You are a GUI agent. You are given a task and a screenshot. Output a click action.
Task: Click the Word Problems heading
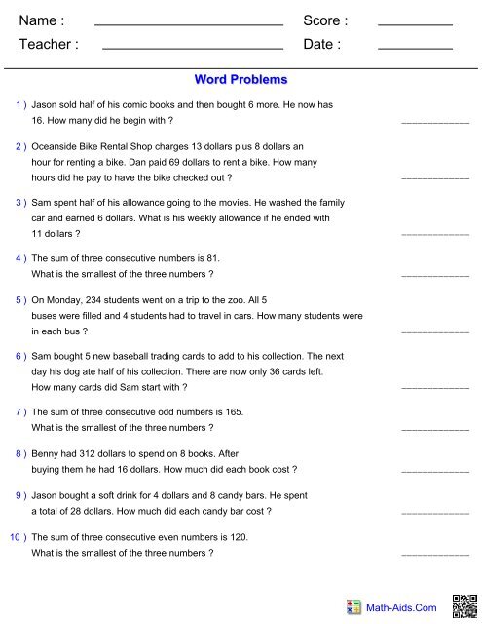point(241,77)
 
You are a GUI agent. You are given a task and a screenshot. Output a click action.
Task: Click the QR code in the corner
point(465,604)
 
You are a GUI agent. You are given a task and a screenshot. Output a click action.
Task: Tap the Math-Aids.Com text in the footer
point(400,608)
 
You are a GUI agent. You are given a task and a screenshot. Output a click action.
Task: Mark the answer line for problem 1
point(435,122)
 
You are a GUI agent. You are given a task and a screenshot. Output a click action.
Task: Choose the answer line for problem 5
point(435,333)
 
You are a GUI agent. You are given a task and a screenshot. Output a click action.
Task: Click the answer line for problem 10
point(435,555)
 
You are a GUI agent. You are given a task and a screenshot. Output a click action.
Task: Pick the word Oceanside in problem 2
point(57,147)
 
